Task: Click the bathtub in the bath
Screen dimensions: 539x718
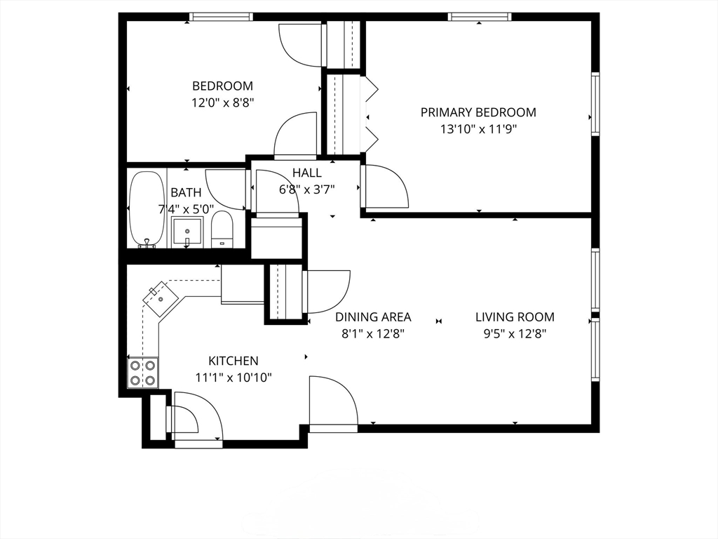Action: coord(146,209)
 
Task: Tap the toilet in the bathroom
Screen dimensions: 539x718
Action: coord(222,229)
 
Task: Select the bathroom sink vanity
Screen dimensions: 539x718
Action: coord(187,231)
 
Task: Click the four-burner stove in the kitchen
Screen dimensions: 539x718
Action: coord(142,372)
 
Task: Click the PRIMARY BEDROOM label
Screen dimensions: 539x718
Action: coord(478,112)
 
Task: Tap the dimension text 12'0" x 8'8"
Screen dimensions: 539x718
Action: coord(222,102)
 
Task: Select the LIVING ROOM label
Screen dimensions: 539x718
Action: coord(515,317)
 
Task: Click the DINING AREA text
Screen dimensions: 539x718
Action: coord(373,317)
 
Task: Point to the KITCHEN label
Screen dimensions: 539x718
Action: coord(233,361)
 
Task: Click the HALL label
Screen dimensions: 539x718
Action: coord(307,173)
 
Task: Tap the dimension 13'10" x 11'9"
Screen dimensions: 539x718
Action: coord(478,128)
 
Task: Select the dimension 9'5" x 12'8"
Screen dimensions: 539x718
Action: coord(515,334)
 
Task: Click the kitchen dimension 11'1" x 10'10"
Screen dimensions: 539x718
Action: coord(233,378)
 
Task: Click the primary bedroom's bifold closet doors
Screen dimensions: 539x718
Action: coord(370,112)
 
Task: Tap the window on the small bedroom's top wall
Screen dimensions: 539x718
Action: coord(221,17)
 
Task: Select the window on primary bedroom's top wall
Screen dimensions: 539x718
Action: coord(480,17)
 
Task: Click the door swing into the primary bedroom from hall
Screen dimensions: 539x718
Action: coord(386,187)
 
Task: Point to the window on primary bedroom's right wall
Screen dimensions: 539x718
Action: coord(595,104)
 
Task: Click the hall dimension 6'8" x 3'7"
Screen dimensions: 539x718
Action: coord(307,189)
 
